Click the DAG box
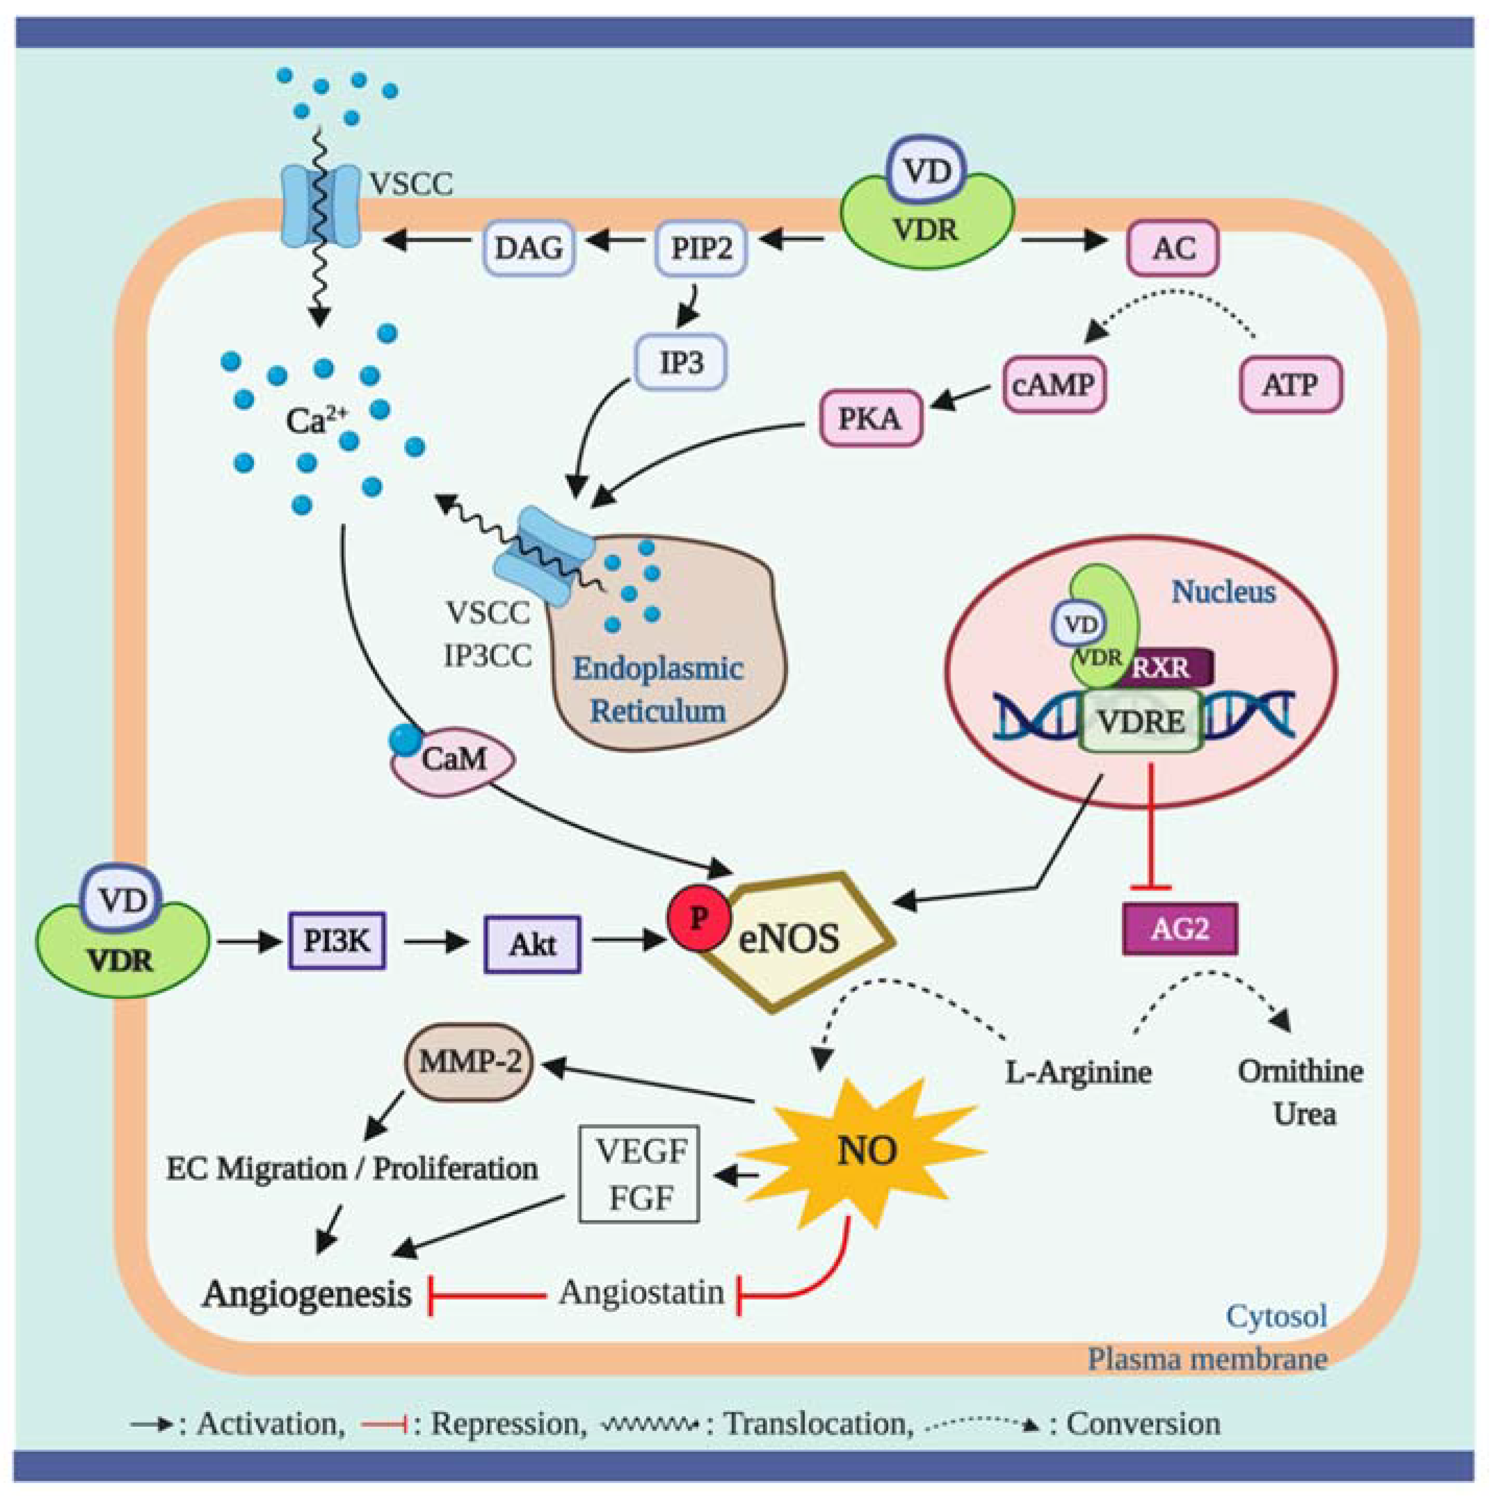[x=529, y=249]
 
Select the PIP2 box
[x=701, y=249]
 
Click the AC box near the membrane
[x=1173, y=249]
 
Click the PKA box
[x=870, y=419]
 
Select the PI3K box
[x=337, y=941]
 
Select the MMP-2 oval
[x=469, y=1062]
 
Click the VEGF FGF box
[x=640, y=1174]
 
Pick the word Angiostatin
[x=641, y=1292]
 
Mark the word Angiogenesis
[x=307, y=1294]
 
